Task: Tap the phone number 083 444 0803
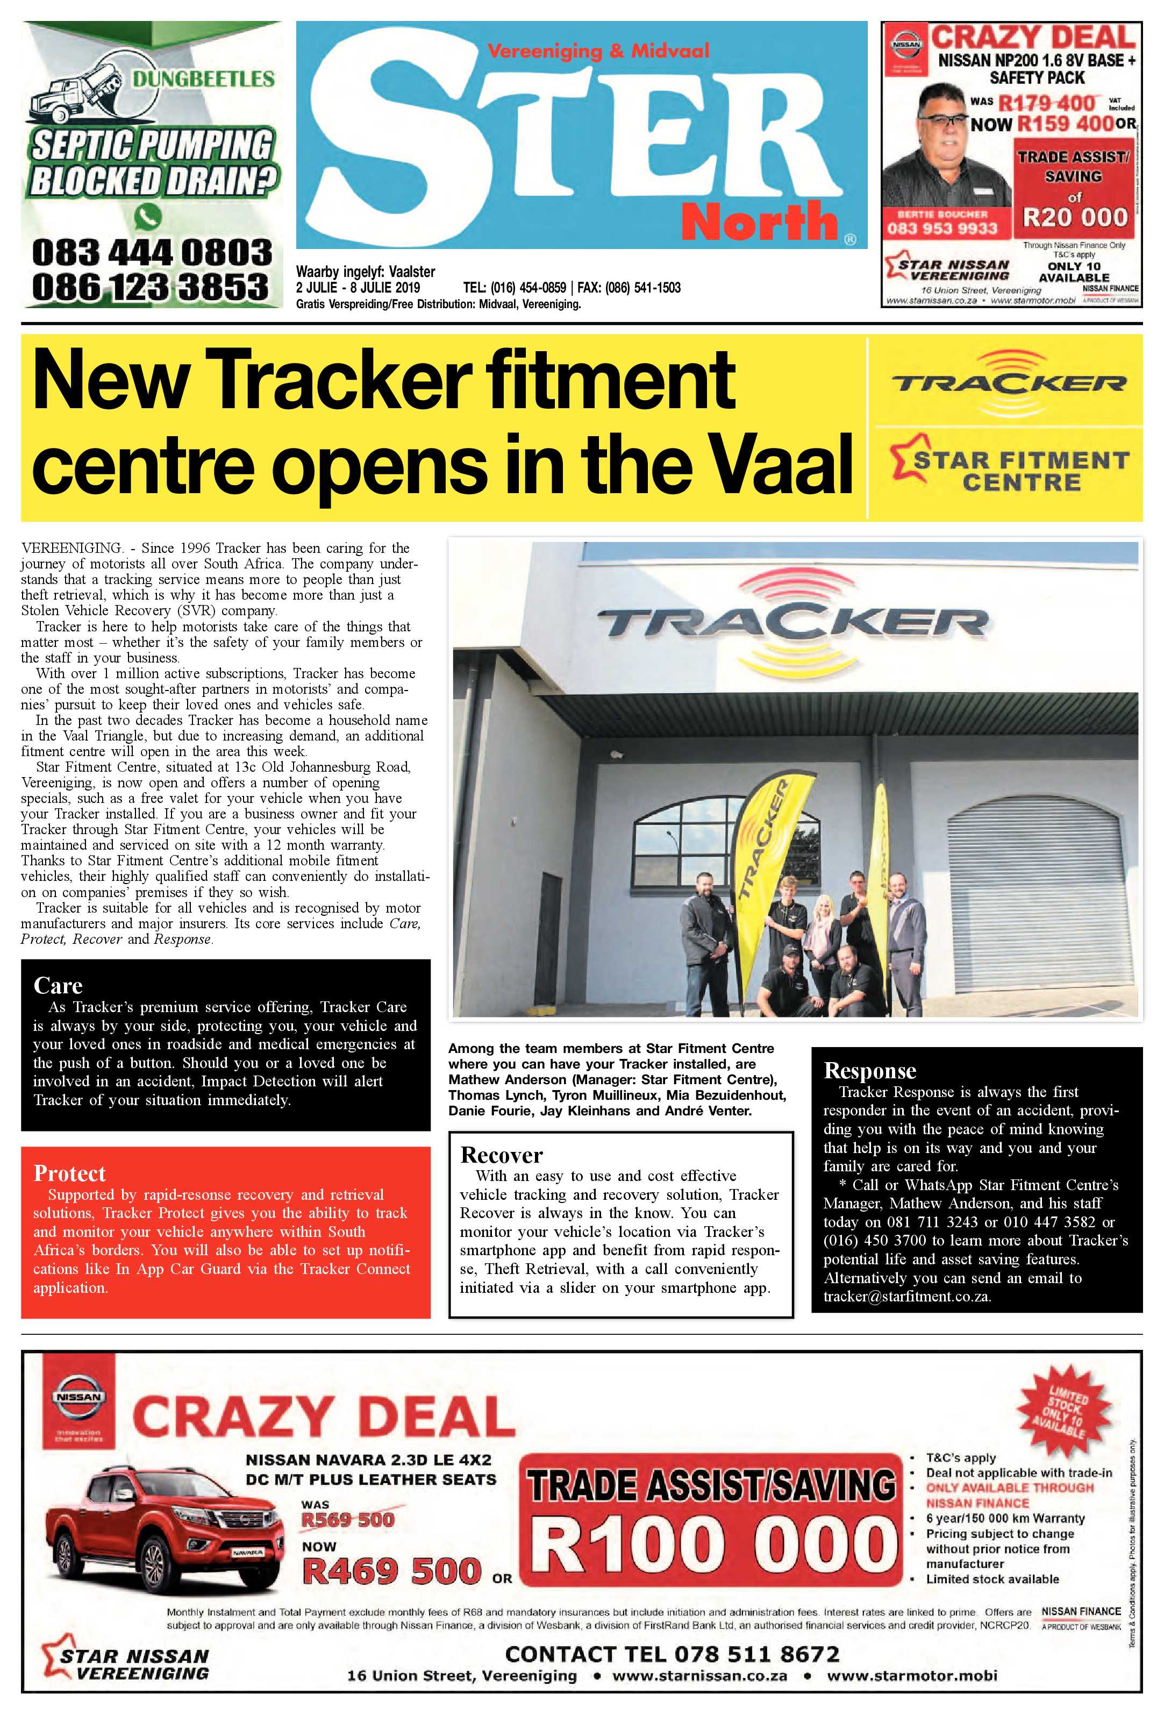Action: [x=152, y=252]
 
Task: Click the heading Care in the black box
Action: [x=58, y=986]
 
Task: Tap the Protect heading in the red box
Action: [x=69, y=1173]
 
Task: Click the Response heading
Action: [x=870, y=1071]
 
